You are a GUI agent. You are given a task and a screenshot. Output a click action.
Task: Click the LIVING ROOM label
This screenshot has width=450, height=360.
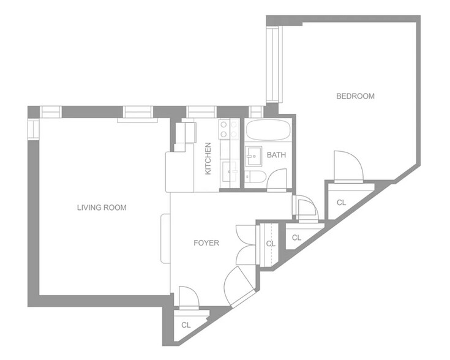pyautogui.click(x=102, y=208)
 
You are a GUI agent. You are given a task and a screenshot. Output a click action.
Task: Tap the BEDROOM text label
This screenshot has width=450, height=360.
pyautogui.click(x=355, y=96)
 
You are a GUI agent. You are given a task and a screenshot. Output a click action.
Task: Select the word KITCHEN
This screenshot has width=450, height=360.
pyautogui.click(x=208, y=159)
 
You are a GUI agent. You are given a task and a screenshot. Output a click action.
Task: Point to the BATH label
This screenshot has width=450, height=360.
pyautogui.click(x=276, y=155)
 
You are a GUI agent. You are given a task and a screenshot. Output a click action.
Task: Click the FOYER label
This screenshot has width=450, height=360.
pyautogui.click(x=206, y=243)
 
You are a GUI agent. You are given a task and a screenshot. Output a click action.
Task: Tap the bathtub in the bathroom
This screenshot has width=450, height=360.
pyautogui.click(x=268, y=130)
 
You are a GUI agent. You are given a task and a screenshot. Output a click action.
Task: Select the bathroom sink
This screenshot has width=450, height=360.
pyautogui.click(x=253, y=156)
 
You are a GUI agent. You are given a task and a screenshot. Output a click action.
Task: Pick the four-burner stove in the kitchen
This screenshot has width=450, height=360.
pyautogui.click(x=229, y=129)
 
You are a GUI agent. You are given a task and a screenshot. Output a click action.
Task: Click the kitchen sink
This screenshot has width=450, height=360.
pyautogui.click(x=230, y=171)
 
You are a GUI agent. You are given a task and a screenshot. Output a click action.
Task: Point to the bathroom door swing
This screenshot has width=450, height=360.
pyautogui.click(x=277, y=179)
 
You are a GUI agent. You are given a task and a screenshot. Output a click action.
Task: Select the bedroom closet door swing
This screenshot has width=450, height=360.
pyautogui.click(x=348, y=167)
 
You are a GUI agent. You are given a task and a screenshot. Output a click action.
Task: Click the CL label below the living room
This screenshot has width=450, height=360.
pyautogui.click(x=186, y=325)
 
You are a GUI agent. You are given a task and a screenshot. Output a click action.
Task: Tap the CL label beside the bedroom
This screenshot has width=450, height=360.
pyautogui.click(x=341, y=203)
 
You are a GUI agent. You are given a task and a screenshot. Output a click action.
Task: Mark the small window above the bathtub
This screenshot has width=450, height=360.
pyautogui.click(x=256, y=111)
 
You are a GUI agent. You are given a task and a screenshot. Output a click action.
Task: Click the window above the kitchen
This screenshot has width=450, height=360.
pyautogui.click(x=201, y=111)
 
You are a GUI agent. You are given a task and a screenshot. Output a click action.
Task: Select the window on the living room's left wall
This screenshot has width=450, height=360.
pyautogui.click(x=33, y=129)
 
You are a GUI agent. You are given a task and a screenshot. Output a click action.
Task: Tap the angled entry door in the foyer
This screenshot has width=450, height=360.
pyautogui.click(x=239, y=286)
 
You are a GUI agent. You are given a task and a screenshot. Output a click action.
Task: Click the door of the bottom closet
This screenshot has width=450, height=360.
pyautogui.click(x=189, y=298)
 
